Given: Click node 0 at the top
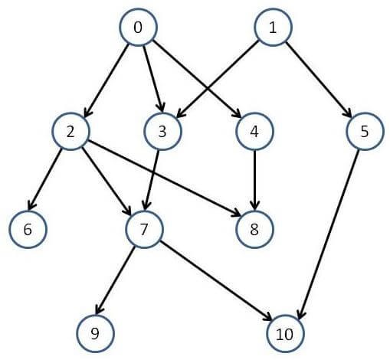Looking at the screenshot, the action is pos(138,28).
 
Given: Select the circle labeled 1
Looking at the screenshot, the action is pos(273,28).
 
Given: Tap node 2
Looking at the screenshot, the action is pos(71,131).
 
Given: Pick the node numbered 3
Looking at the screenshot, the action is pos(162,131).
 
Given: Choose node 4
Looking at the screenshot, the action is pos(254,131).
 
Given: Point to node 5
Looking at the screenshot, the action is pos(365,131).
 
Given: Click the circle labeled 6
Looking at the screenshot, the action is pos(28,229).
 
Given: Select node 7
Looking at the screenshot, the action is pos(144,229).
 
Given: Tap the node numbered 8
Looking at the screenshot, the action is pos(254,229).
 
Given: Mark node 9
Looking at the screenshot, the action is pos(96,333).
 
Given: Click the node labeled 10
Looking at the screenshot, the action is pos(285,333).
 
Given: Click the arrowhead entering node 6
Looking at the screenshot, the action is pos(31,205).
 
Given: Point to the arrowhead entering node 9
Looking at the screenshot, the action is pos(99,309).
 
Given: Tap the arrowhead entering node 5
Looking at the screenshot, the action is pos(347,113).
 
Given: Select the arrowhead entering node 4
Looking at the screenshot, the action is pos(237,113).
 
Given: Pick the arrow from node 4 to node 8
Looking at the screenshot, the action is pos(254,179).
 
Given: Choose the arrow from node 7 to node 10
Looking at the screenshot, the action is pos(216,280).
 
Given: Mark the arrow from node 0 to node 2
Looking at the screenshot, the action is pos(107,81).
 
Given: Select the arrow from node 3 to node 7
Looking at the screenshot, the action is pos(152,180).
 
